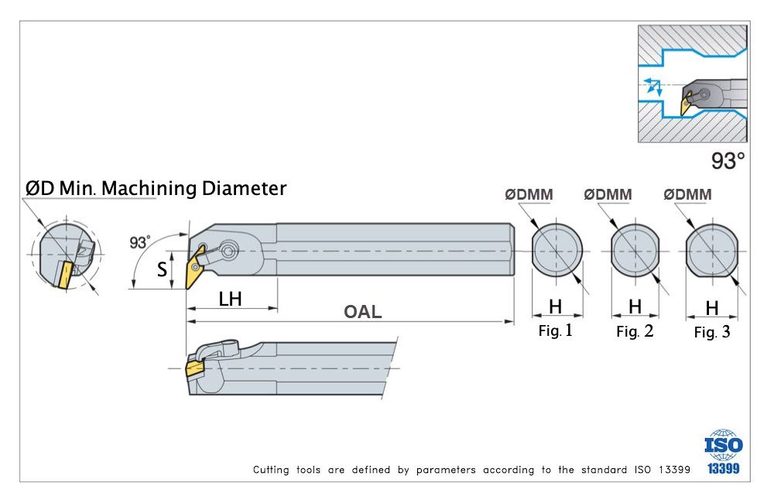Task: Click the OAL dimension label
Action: click(x=363, y=311)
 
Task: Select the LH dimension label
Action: click(x=230, y=298)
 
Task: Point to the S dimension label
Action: click(x=162, y=270)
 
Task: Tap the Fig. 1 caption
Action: click(x=556, y=331)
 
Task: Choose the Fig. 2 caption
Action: click(x=635, y=332)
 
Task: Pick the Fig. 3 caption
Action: click(x=712, y=332)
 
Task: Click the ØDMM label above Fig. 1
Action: click(x=529, y=195)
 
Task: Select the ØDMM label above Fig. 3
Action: click(x=687, y=195)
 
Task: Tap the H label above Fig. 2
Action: click(x=635, y=307)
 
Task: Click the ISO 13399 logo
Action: click(x=723, y=451)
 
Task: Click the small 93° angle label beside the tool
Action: click(x=140, y=242)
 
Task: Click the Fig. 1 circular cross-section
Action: click(x=557, y=252)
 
